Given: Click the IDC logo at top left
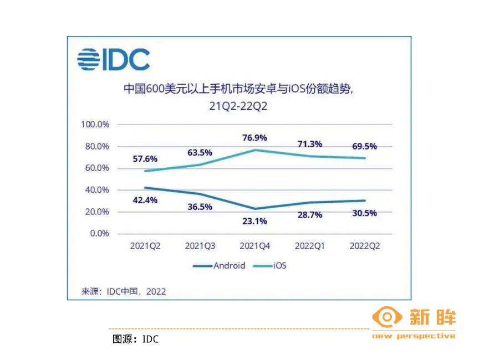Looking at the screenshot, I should (x=113, y=59).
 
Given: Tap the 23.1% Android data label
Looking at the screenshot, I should (x=254, y=221).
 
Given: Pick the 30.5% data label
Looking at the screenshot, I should (x=364, y=213).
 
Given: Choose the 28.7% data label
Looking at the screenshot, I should (x=309, y=214).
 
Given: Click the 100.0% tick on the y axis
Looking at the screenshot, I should (x=95, y=124).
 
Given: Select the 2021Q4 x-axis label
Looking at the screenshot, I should (x=254, y=245).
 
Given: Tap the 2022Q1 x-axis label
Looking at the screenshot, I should (x=309, y=245).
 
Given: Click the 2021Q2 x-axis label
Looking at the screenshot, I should (x=145, y=245).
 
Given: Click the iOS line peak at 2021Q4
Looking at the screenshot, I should (x=254, y=150).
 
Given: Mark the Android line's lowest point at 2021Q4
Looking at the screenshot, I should (x=254, y=209).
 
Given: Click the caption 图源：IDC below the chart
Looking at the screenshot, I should (x=135, y=339).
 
